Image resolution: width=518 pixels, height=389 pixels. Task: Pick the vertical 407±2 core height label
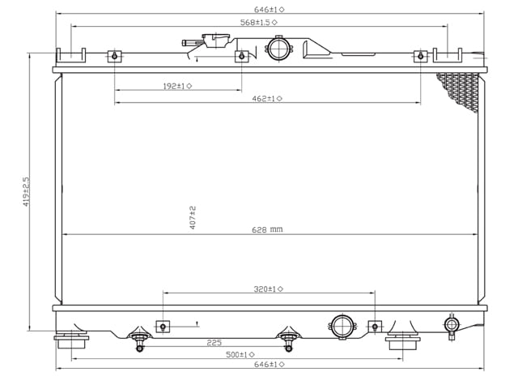tap(193, 217)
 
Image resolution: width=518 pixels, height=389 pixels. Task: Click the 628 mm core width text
tap(266, 229)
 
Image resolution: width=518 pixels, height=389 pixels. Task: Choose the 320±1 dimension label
tap(268, 289)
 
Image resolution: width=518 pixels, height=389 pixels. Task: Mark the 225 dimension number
tap(214, 342)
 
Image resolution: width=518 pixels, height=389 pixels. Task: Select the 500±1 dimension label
tap(240, 354)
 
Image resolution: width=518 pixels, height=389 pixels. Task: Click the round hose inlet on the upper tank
tap(278, 48)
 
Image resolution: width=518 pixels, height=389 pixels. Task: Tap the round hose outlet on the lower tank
tap(342, 327)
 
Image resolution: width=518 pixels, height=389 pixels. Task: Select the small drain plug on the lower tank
tap(452, 325)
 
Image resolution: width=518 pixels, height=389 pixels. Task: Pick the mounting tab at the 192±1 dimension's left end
tap(115, 57)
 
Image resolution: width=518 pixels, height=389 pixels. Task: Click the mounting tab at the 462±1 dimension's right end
tap(420, 57)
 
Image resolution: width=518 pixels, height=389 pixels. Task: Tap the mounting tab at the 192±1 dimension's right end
tap(241, 57)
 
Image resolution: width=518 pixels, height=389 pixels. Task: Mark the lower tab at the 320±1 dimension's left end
tap(163, 326)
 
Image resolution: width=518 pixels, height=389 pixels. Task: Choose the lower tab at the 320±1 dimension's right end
tap(374, 326)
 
